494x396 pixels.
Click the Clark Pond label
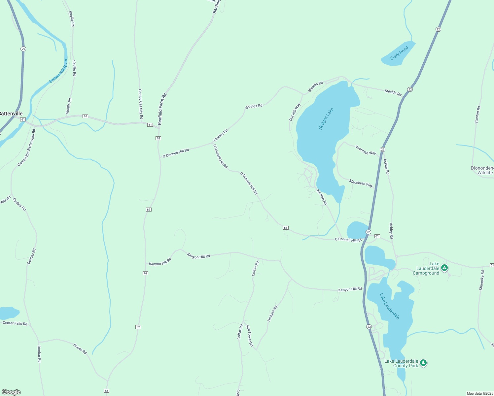(399, 53)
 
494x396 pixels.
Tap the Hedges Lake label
(326, 119)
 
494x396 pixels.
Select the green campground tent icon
(444, 268)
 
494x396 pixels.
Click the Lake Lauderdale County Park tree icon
(423, 363)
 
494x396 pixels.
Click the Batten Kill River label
(58, 71)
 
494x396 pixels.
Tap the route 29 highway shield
(23, 49)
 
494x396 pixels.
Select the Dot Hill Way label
(295, 112)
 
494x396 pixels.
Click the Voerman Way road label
(366, 150)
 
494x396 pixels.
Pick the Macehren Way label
(361, 183)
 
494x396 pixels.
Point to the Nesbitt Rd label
(322, 197)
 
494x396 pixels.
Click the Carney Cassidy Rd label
(140, 104)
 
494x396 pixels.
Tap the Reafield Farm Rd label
(162, 109)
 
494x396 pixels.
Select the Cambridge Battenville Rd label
(26, 148)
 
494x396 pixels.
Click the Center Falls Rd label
(15, 323)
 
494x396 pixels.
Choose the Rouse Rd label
(80, 349)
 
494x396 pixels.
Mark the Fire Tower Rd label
(249, 336)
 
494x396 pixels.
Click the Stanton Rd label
(477, 115)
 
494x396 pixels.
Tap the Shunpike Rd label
(482, 280)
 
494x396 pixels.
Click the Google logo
(11, 392)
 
